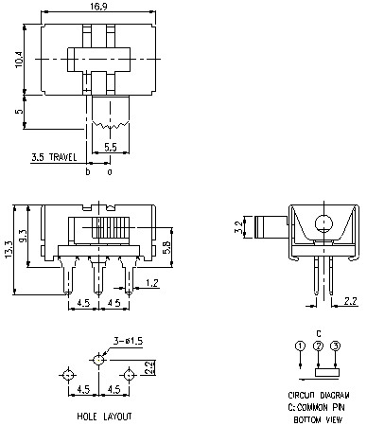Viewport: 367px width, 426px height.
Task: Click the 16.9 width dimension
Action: click(x=94, y=8)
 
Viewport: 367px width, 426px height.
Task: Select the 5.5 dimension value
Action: click(x=110, y=148)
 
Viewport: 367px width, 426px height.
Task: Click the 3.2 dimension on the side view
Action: click(x=238, y=227)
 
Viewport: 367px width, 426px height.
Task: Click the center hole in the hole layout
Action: click(x=99, y=360)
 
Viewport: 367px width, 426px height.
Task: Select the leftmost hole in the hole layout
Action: click(x=68, y=375)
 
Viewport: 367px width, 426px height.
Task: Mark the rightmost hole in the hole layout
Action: click(x=130, y=375)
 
